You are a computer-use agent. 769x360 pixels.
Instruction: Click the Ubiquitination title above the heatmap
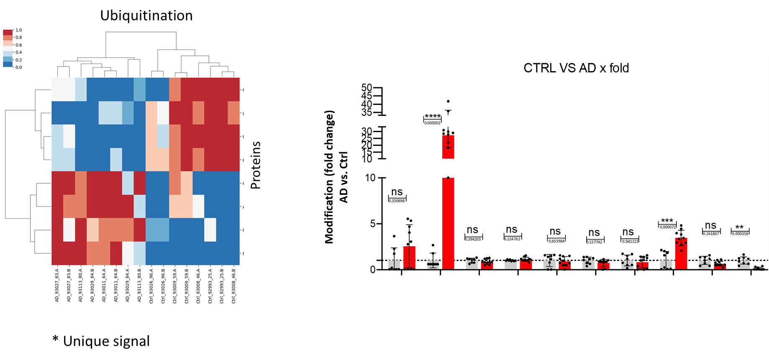pyautogui.click(x=146, y=15)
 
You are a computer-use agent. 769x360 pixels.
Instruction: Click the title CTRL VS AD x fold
pyautogui.click(x=576, y=68)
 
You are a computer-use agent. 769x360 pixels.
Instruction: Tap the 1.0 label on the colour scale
pyautogui.click(x=19, y=30)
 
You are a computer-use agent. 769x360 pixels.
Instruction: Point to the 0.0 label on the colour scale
pyautogui.click(x=19, y=67)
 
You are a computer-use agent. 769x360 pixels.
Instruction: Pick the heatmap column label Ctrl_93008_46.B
pyautogui.click(x=233, y=286)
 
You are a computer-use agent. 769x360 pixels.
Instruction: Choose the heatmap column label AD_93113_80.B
pyautogui.click(x=140, y=286)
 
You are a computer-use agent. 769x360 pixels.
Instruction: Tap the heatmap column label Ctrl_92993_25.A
pyautogui.click(x=210, y=286)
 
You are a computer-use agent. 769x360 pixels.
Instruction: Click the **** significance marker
pyautogui.click(x=433, y=117)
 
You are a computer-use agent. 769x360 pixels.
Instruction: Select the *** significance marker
pyautogui.click(x=667, y=221)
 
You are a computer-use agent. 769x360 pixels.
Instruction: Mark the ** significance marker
pyautogui.click(x=740, y=228)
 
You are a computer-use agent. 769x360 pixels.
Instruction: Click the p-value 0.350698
pyautogui.click(x=397, y=201)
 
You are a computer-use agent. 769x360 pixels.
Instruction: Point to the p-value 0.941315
pyautogui.click(x=630, y=241)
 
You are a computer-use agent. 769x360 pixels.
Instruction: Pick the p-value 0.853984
pyautogui.click(x=556, y=241)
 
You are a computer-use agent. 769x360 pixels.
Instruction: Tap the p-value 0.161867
pyautogui.click(x=711, y=234)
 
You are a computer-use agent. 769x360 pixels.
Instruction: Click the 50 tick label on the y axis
pyautogui.click(x=367, y=88)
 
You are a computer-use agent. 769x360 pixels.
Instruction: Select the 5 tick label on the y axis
pyautogui.click(x=373, y=224)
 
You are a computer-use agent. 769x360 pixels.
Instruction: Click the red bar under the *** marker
pyautogui.click(x=681, y=254)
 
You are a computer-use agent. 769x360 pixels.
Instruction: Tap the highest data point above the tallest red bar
pyautogui.click(x=448, y=102)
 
